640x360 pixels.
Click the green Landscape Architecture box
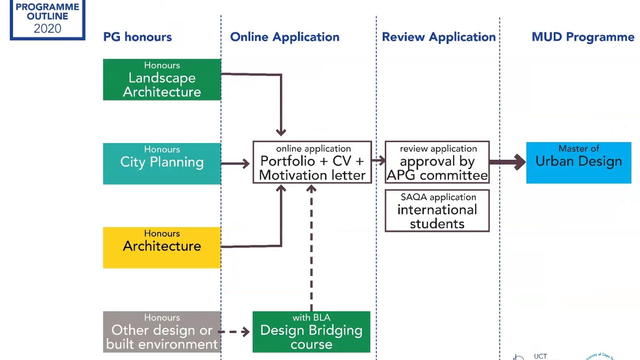[x=161, y=79]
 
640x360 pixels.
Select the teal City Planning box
[x=161, y=163]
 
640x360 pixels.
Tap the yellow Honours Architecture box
[x=161, y=247]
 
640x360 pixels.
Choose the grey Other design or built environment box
[x=161, y=332]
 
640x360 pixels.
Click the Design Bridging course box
[x=311, y=332]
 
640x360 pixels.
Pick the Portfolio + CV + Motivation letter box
[x=312, y=162]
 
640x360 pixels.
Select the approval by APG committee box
[x=437, y=162]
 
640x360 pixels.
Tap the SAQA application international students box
[x=437, y=210]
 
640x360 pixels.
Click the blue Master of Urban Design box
[x=578, y=162]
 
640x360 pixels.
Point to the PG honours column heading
[x=137, y=37]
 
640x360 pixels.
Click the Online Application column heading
[x=284, y=37]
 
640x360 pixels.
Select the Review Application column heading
[x=438, y=37]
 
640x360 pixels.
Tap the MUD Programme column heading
[x=582, y=37]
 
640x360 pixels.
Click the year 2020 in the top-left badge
[x=47, y=28]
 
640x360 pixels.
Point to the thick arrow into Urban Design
[x=507, y=162]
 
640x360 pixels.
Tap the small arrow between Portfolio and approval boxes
[x=378, y=160]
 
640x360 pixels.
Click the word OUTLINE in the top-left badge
[x=47, y=16]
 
